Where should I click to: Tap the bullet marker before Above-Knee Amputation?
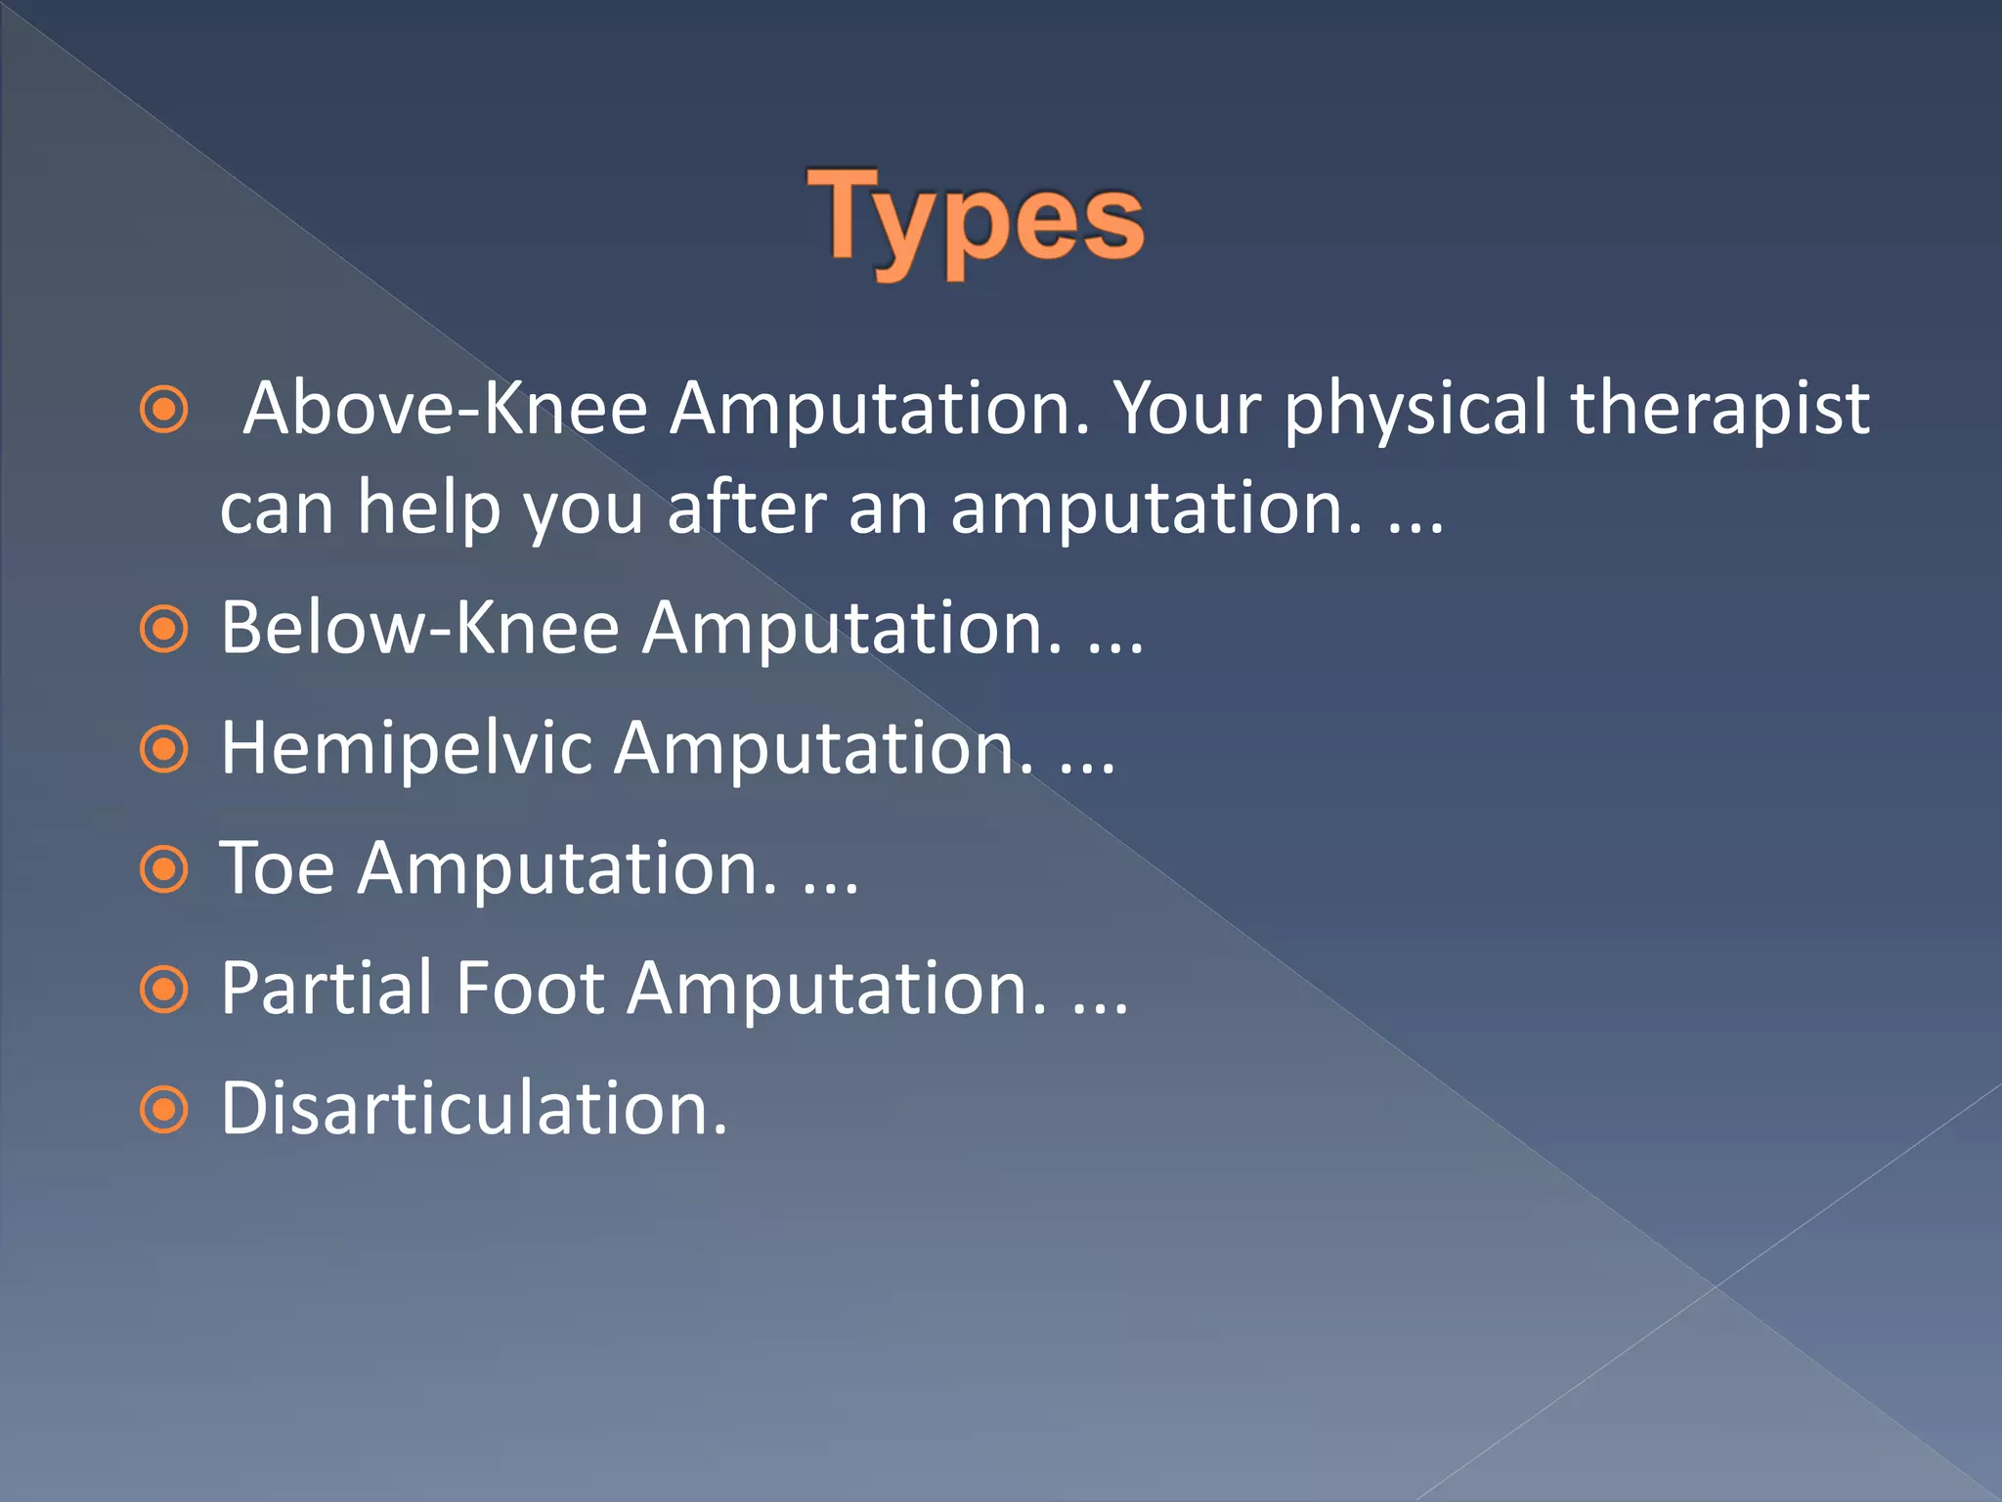(163, 410)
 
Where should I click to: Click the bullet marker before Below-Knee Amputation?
(163, 630)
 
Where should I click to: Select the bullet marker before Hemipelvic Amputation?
(163, 750)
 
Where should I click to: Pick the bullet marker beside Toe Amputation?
(163, 869)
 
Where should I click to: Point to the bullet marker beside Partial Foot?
(163, 991)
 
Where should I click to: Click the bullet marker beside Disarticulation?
(163, 1110)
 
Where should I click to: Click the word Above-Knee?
(445, 409)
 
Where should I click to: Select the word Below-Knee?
(419, 628)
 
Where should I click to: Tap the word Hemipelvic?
(406, 749)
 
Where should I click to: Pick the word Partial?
(326, 989)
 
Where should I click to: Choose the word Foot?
(530, 989)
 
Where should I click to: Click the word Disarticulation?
(473, 1109)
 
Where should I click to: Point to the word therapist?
(1719, 409)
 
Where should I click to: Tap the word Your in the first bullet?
(1187, 409)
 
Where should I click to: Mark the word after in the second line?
(746, 508)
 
